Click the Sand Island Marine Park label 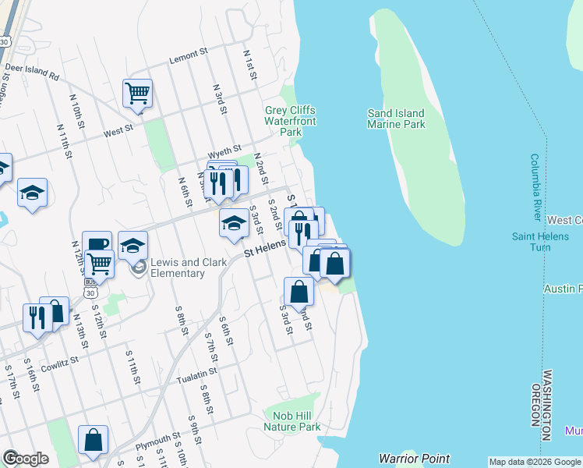396,119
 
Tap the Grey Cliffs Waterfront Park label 290,121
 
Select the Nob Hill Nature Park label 291,422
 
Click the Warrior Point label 414,459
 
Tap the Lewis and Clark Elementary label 178,268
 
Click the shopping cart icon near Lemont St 137,94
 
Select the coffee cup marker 97,244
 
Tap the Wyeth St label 224,149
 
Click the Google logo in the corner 25,459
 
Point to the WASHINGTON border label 546,399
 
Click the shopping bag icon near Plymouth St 94,439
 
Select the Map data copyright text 535,462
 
